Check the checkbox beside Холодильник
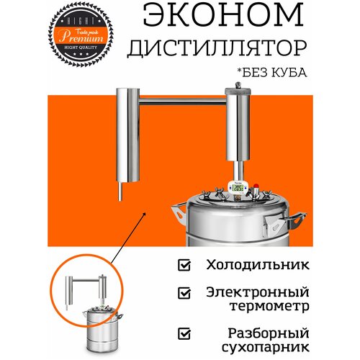pos(184,265)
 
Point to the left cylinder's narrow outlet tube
pos(119,192)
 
